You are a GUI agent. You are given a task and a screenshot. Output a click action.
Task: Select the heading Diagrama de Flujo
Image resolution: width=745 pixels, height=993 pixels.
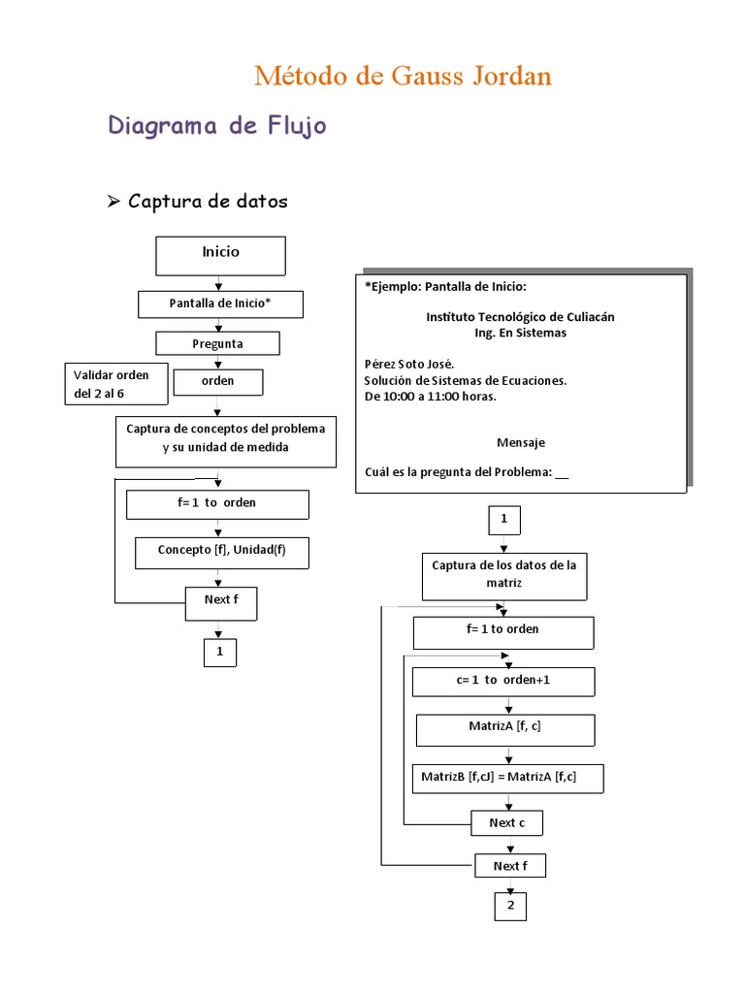coord(216,126)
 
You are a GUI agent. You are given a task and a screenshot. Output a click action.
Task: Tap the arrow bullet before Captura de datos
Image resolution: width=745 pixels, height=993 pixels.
coord(113,201)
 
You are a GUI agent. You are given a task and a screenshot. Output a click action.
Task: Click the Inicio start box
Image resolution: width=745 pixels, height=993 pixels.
coord(220,254)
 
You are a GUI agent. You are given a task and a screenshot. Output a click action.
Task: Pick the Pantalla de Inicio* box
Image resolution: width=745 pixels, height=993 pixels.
coord(220,304)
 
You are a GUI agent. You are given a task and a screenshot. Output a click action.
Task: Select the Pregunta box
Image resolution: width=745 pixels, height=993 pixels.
coord(217,343)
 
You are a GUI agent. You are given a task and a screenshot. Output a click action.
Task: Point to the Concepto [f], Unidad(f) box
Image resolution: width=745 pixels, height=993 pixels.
coord(221,551)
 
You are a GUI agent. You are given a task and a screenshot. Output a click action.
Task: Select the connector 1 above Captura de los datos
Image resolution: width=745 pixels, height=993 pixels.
coord(503,520)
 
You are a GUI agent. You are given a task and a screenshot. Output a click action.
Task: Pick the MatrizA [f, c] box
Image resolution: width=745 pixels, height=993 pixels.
coord(504,726)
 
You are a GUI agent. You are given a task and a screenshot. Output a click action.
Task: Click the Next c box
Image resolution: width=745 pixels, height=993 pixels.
coord(506,823)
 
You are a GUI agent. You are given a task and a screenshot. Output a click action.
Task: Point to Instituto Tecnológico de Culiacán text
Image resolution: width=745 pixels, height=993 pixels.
coord(520,317)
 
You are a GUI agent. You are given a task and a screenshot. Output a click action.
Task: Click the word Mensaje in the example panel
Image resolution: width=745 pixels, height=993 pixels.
coord(521,442)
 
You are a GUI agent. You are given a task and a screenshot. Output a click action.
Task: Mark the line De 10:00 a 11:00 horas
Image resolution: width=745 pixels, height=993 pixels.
coord(430,397)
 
